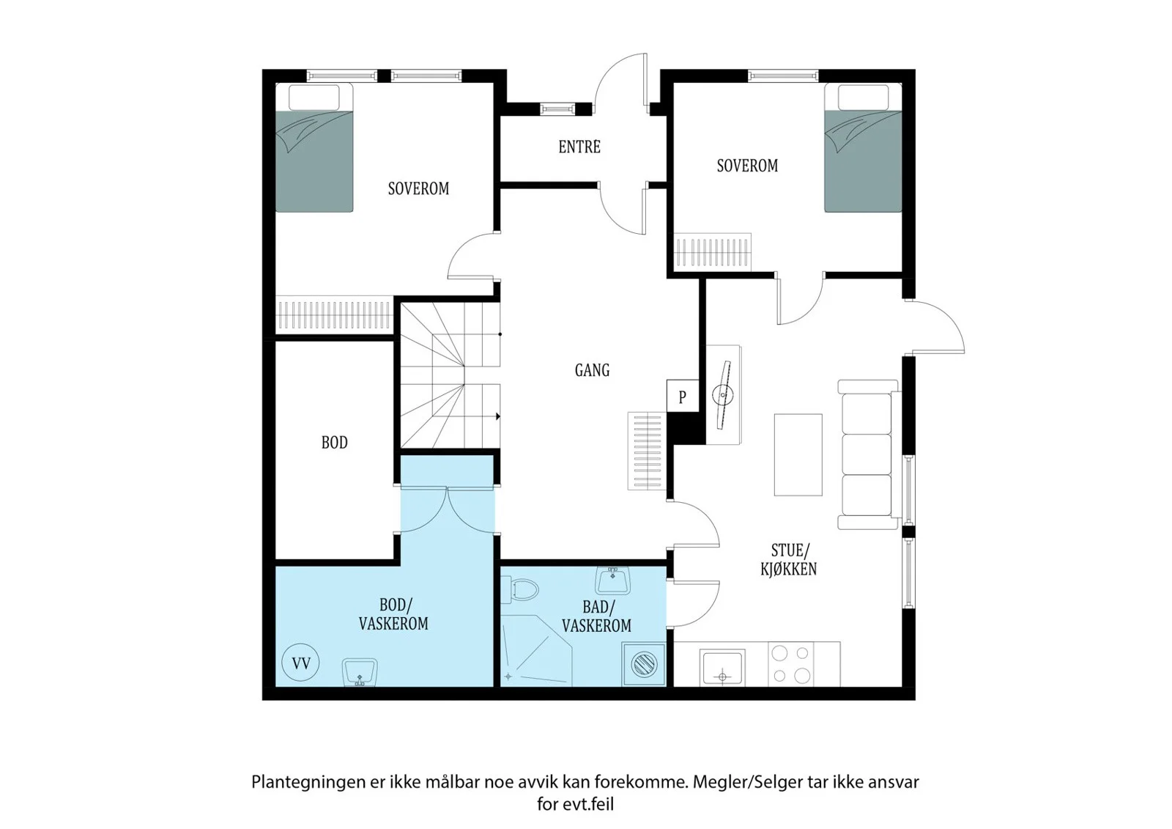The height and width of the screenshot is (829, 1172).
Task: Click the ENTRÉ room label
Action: click(x=579, y=147)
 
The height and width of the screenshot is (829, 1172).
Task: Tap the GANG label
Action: click(x=592, y=370)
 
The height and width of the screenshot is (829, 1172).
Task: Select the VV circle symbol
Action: click(x=301, y=663)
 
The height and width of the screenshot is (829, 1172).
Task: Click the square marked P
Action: click(x=682, y=395)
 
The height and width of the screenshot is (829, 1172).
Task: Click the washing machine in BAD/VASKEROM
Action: click(x=644, y=664)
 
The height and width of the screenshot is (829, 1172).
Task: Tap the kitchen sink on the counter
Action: click(x=722, y=667)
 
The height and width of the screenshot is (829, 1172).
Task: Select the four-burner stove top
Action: click(x=790, y=664)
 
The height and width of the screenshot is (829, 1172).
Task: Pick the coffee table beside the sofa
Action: click(x=798, y=454)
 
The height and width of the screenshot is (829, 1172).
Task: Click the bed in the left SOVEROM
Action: click(x=314, y=147)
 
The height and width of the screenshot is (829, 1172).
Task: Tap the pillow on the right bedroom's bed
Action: click(x=863, y=97)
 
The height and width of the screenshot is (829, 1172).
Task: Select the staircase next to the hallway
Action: click(x=450, y=375)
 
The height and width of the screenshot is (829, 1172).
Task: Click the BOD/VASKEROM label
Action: click(x=393, y=614)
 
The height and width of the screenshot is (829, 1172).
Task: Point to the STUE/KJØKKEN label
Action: click(x=789, y=559)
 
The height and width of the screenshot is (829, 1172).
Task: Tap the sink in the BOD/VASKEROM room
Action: click(x=360, y=672)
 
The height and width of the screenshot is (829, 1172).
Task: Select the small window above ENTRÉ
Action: click(x=557, y=109)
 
